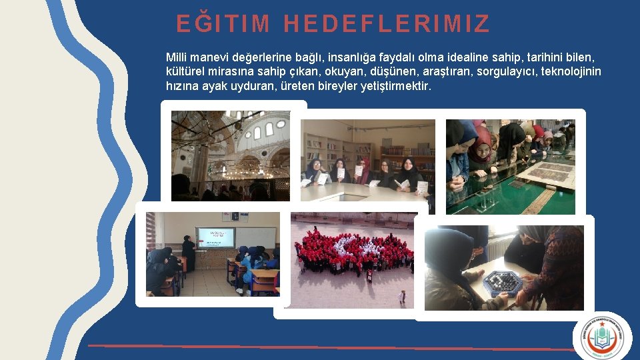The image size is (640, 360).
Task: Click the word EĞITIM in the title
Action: [x=223, y=24]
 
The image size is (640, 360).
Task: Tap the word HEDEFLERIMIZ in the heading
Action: [x=387, y=24]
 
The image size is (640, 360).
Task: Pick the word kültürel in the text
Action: [x=184, y=72]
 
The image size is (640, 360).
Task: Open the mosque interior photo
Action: [x=230, y=155]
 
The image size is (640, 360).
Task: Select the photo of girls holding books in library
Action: [x=367, y=161]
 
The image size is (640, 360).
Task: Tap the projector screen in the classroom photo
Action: [x=215, y=238]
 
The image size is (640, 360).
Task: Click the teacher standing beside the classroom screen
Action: [x=189, y=253]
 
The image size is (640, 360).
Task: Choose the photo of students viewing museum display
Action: [x=510, y=167]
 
